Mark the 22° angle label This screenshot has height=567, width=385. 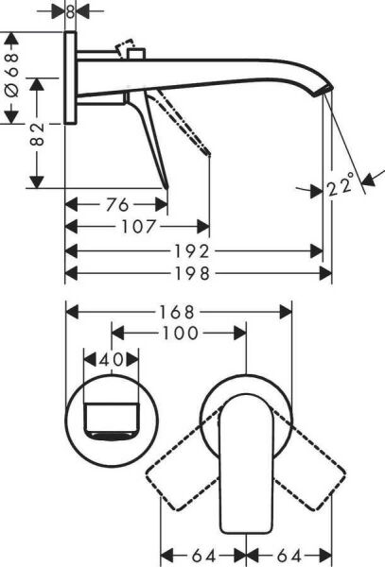342,185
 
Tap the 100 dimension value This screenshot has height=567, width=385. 179,333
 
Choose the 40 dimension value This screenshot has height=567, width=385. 112,359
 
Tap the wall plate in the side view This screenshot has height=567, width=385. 72,79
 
